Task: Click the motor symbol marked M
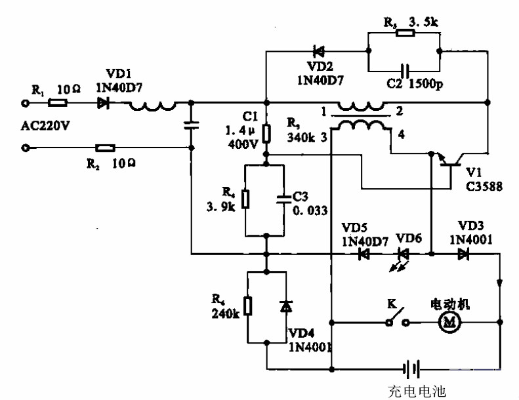(x=450, y=322)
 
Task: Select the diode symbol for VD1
(x=104, y=103)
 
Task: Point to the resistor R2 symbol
(x=105, y=149)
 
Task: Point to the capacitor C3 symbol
(x=283, y=199)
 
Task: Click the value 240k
(x=226, y=313)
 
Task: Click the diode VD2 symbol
(x=320, y=50)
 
